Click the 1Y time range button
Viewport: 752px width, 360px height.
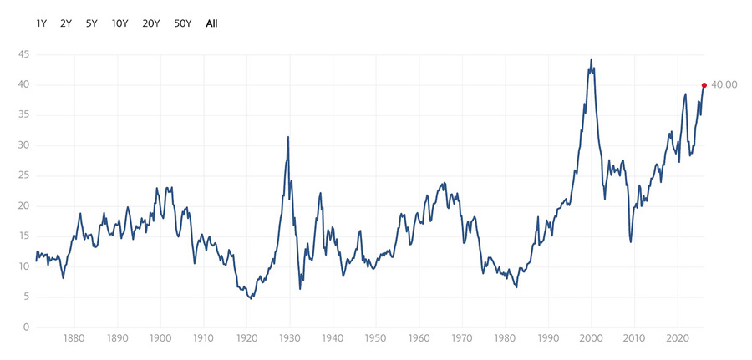point(42,23)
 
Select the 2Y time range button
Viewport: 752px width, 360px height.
point(66,23)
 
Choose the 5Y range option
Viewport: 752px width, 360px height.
point(91,23)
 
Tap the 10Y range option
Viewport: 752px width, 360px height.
point(119,23)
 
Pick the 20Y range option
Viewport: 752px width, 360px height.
point(151,23)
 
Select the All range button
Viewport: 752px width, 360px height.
point(211,23)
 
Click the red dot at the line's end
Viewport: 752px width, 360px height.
point(704,84)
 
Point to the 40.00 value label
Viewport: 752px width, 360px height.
point(724,85)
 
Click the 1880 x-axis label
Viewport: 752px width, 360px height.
point(74,341)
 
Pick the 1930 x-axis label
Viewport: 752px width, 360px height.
point(290,341)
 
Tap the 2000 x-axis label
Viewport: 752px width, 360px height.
point(591,341)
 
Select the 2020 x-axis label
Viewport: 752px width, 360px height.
point(677,341)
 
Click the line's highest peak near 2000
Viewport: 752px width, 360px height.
point(592,60)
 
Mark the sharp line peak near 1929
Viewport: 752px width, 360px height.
point(288,137)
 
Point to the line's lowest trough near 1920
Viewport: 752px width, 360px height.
point(250,298)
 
